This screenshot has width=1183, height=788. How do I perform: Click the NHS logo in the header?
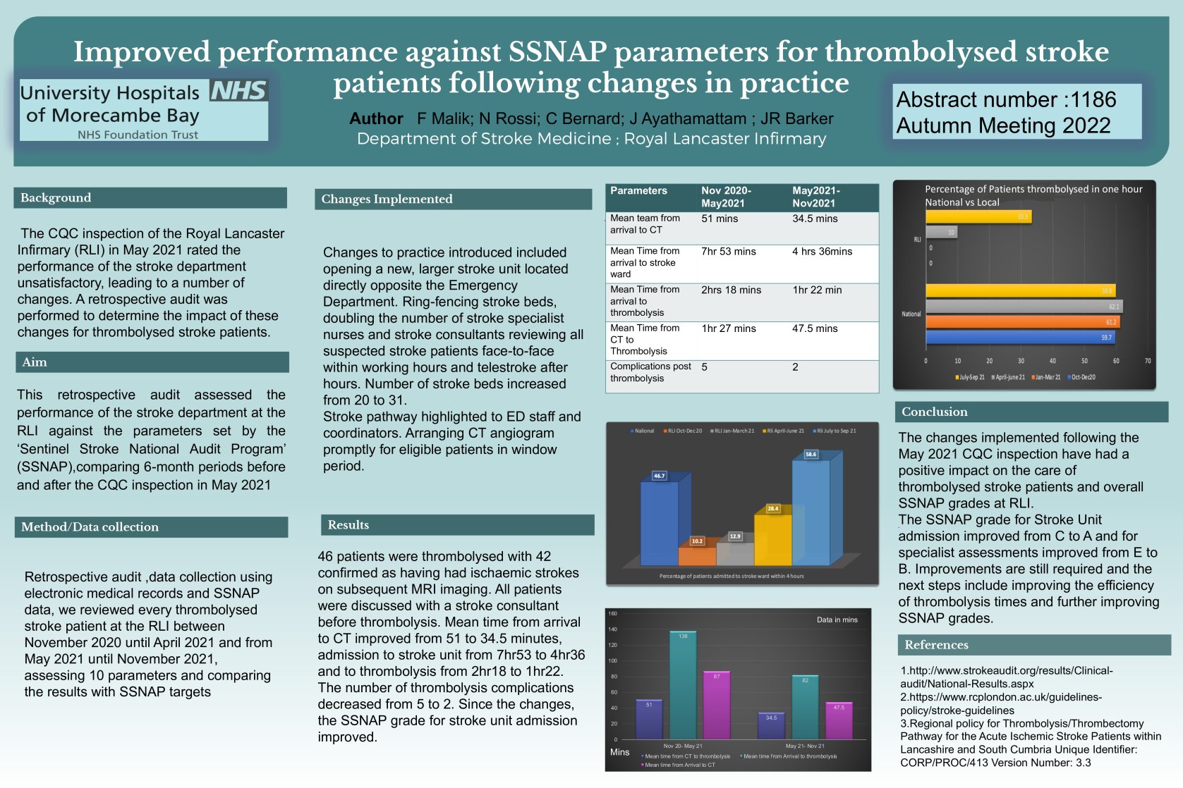coord(238,91)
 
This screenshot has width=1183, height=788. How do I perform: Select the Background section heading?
coord(56,198)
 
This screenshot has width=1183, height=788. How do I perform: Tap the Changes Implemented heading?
coord(387,199)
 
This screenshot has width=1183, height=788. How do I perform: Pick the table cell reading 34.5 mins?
coord(815,219)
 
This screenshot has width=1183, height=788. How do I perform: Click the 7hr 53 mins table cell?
coord(728,252)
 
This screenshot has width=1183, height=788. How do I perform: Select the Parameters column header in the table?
coord(638,191)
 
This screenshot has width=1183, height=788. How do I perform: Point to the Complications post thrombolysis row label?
coord(650,372)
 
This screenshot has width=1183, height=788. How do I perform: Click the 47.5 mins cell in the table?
coord(815,328)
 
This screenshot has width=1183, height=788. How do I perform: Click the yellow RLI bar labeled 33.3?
coord(978,216)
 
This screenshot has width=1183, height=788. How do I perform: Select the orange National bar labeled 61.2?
coord(1022,322)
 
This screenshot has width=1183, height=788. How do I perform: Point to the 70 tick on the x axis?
coord(1148,361)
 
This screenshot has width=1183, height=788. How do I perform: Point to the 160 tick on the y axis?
coord(612,614)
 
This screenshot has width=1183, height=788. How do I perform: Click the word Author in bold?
coord(376,119)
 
